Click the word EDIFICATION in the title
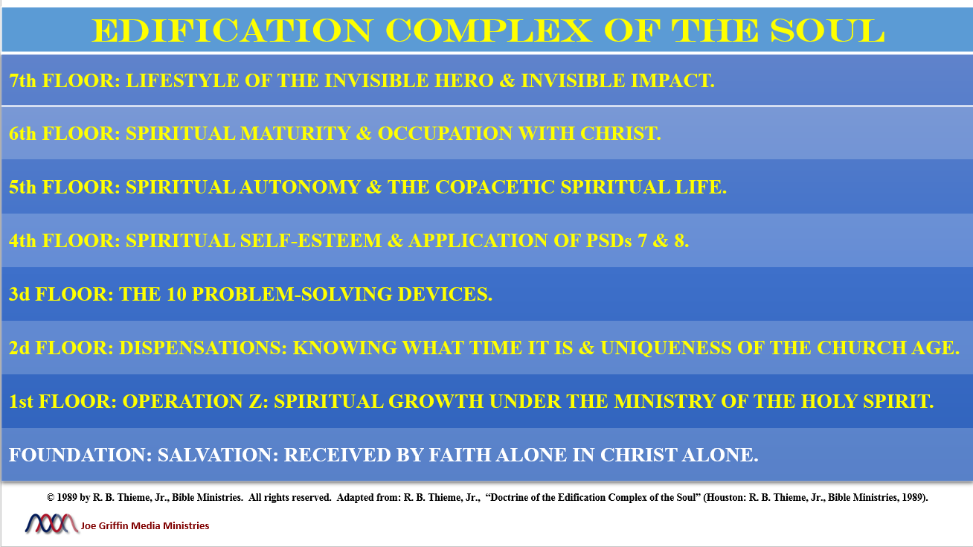coord(232,31)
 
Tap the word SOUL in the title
coord(827,31)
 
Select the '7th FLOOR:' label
coord(64,81)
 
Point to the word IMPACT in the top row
coord(672,81)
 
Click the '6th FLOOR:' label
coord(64,134)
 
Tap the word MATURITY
coord(295,134)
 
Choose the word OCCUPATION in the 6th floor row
coord(446,134)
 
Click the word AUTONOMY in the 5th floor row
coord(300,188)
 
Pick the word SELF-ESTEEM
coord(311,240)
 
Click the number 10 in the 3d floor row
coord(176,294)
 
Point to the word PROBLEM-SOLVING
coord(292,294)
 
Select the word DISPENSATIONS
coord(203,348)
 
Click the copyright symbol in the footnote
coord(51,497)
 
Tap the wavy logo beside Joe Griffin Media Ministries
coord(51,523)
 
